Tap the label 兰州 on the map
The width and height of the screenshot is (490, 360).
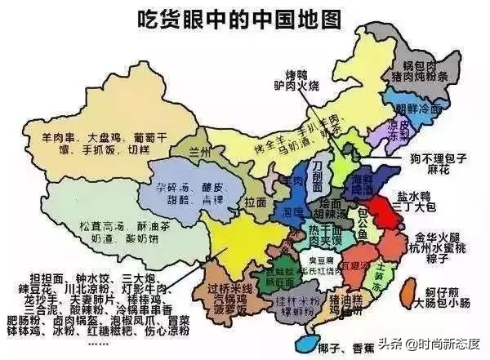click(x=197, y=153)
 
